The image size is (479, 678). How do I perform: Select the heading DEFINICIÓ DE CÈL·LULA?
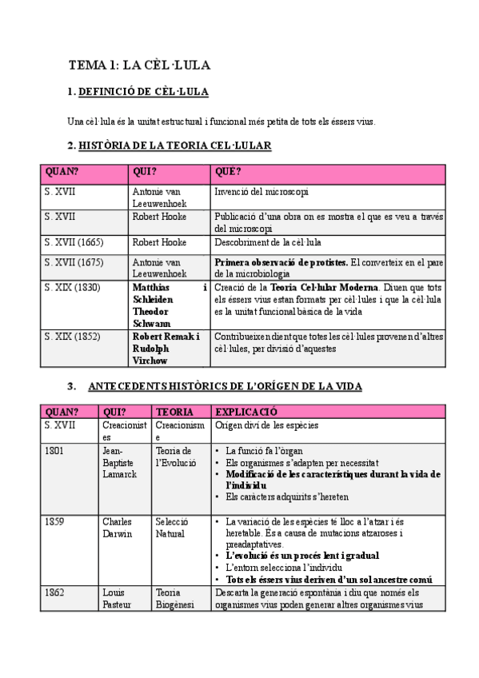click(x=143, y=92)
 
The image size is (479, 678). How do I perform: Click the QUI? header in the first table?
click(x=146, y=171)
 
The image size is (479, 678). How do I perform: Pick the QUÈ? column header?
click(x=228, y=171)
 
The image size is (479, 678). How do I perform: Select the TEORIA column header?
click(x=174, y=412)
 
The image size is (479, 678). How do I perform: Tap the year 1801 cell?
click(x=55, y=451)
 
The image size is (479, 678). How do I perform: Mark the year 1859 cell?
click(x=55, y=522)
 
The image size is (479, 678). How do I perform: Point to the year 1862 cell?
click(x=55, y=592)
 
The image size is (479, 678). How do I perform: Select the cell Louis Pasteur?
click(x=114, y=598)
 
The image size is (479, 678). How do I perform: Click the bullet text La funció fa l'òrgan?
click(x=265, y=451)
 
